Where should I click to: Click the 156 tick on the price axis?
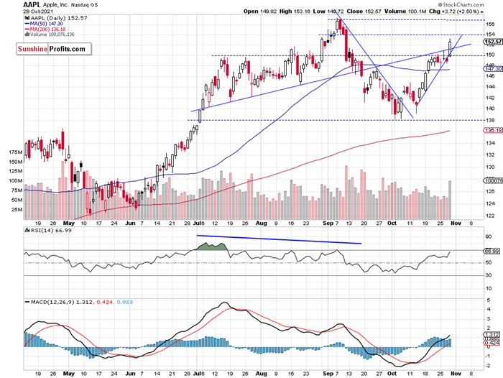tap(489, 24)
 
